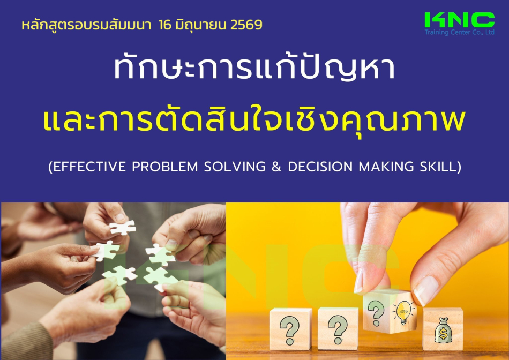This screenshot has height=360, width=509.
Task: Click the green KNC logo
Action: tap(460, 20)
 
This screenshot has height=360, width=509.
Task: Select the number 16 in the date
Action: tap(165, 25)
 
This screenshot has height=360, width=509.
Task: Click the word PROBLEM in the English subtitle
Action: tap(165, 167)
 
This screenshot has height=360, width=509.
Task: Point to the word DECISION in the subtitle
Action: tap(320, 167)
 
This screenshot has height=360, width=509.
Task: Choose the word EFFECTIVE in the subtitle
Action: tap(87, 167)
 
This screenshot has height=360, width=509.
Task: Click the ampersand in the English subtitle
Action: tap(276, 167)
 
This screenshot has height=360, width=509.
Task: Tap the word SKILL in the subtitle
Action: tap(440, 167)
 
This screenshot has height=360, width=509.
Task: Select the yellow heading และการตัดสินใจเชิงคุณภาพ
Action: tap(254, 119)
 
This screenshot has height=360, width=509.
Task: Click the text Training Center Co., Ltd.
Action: tap(460, 32)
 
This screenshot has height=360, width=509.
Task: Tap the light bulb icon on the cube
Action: tap(403, 312)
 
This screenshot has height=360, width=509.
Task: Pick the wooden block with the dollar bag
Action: tap(443, 329)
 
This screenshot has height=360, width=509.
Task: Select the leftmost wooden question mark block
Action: tap(290, 329)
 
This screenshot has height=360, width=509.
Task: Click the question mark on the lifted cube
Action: tap(376, 313)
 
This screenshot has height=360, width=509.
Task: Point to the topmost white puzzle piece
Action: tap(122, 227)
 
